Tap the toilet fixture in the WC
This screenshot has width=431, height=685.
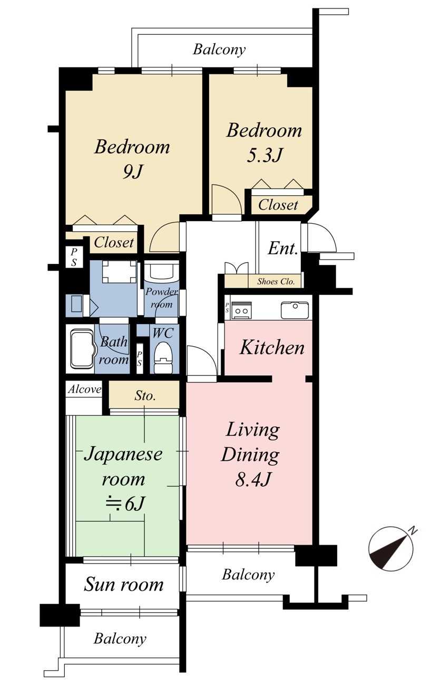(163, 358)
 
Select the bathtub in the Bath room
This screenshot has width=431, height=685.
(82, 349)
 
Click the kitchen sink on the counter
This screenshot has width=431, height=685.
(295, 310)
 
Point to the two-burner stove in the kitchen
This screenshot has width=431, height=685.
(241, 310)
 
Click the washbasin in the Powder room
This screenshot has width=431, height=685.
(161, 272)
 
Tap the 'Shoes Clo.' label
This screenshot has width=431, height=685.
(276, 281)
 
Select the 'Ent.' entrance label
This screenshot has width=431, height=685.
(282, 249)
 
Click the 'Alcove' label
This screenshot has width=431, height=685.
(84, 389)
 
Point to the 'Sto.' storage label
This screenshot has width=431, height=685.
(145, 396)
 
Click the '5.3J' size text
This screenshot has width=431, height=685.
(265, 155)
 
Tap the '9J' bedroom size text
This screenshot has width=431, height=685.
(132, 172)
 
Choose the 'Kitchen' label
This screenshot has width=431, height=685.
(272, 347)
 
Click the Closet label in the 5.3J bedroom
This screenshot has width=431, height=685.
(278, 205)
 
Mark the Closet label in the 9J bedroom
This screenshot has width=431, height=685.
(114, 243)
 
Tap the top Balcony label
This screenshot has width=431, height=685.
(219, 49)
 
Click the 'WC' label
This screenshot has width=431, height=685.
(163, 333)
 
